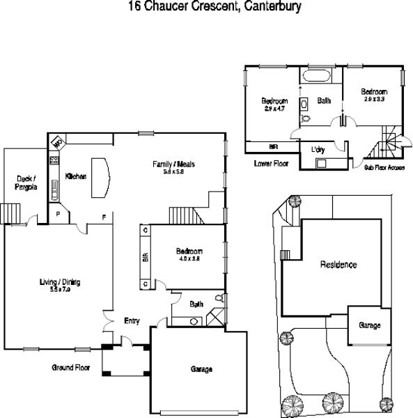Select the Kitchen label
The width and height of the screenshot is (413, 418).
click(x=75, y=177)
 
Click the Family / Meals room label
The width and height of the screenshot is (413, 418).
click(x=173, y=164)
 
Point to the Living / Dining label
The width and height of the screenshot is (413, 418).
click(x=60, y=282)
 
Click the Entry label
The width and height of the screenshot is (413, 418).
click(x=132, y=321)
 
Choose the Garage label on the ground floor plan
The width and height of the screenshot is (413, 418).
click(x=201, y=369)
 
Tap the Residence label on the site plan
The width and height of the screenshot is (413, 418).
click(x=338, y=265)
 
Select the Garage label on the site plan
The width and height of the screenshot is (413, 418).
click(x=369, y=325)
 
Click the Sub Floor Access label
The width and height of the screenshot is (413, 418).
click(x=385, y=168)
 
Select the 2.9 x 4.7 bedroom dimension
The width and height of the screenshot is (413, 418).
click(x=275, y=109)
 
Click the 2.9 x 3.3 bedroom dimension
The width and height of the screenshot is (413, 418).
click(x=373, y=100)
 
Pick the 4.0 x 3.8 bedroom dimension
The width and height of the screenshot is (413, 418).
click(x=189, y=258)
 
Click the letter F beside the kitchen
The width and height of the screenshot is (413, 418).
click(x=104, y=216)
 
